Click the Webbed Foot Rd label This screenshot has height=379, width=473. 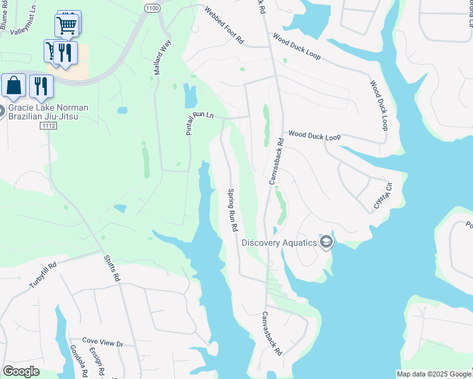click(x=223, y=25)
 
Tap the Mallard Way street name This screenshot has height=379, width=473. click(x=163, y=57)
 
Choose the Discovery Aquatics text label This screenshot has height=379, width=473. click(x=279, y=243)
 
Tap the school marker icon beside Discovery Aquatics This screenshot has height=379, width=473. click(x=326, y=242)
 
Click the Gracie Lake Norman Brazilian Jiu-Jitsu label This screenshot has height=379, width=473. click(x=48, y=112)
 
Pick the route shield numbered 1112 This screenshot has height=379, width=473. click(x=47, y=126)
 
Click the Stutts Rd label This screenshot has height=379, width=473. click(x=111, y=267)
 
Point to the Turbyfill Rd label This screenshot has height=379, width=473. click(x=42, y=275)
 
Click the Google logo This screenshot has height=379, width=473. click(x=21, y=371)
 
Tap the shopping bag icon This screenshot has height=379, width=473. click(x=13, y=86)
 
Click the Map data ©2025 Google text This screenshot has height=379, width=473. click(x=434, y=374)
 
